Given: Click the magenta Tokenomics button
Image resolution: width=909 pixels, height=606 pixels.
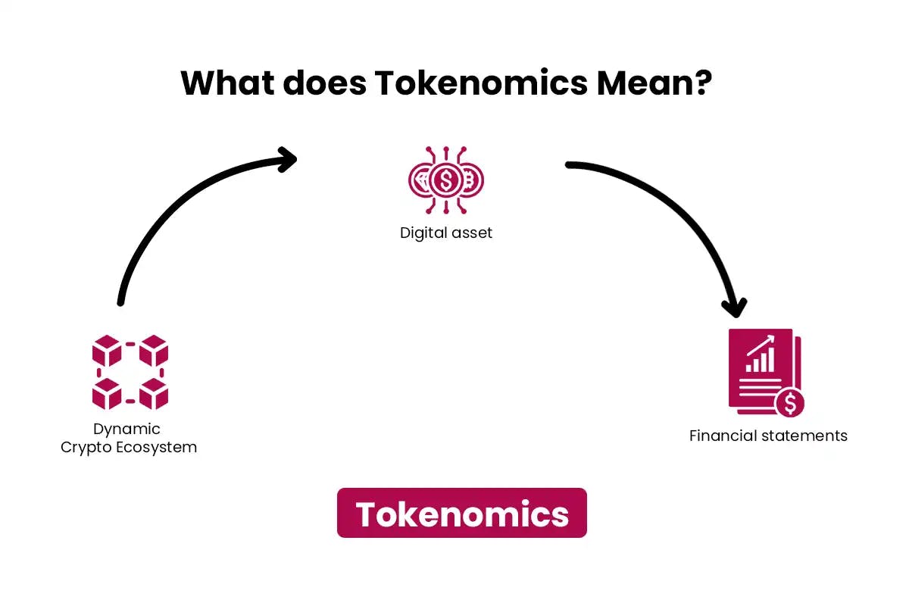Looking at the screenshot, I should click(x=461, y=514).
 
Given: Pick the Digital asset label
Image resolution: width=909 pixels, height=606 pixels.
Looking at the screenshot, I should click(x=446, y=233).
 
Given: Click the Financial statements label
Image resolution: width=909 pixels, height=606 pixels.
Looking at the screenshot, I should click(x=768, y=436).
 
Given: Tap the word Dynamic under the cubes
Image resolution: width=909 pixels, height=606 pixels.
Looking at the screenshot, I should click(x=127, y=429).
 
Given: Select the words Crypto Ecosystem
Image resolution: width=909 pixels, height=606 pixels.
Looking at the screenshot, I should click(x=129, y=447).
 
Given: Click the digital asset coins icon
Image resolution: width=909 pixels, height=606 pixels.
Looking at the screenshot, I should click(x=446, y=180).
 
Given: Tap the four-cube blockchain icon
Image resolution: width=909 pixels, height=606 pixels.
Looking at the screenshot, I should click(x=130, y=372).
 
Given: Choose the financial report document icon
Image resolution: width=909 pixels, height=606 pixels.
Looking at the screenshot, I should click(x=764, y=371).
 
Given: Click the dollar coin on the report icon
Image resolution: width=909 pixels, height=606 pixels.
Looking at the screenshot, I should click(x=790, y=403).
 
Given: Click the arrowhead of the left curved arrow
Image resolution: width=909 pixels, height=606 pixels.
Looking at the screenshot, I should click(x=286, y=158).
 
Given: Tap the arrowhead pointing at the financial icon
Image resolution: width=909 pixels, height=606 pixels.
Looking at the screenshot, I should click(x=733, y=307).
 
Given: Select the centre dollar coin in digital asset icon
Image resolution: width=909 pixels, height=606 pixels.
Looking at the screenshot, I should click(x=446, y=180).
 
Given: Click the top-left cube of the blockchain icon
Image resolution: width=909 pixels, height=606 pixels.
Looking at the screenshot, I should click(x=107, y=350).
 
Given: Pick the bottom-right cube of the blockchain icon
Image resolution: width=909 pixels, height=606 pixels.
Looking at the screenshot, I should click(x=153, y=394).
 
